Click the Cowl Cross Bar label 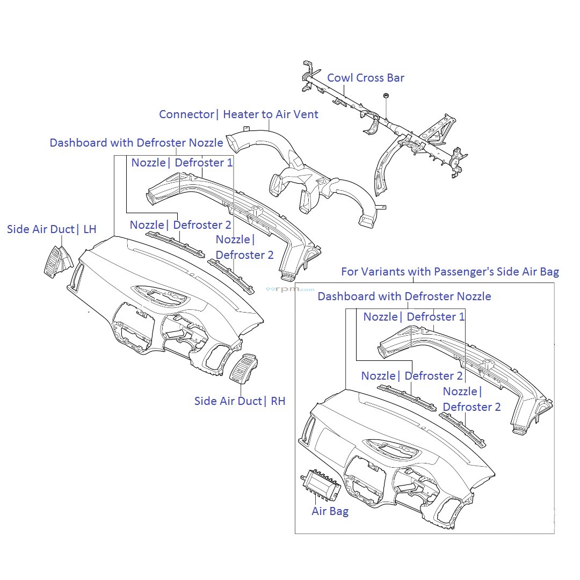click(365, 78)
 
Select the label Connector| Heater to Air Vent click(238, 114)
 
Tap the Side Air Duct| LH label click(52, 229)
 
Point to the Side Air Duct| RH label click(240, 401)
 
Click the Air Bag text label click(330, 511)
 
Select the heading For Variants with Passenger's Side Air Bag click(450, 272)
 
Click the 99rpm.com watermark click(290, 289)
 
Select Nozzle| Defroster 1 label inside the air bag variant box click(414, 317)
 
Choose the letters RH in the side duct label click(278, 401)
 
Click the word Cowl click(340, 78)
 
